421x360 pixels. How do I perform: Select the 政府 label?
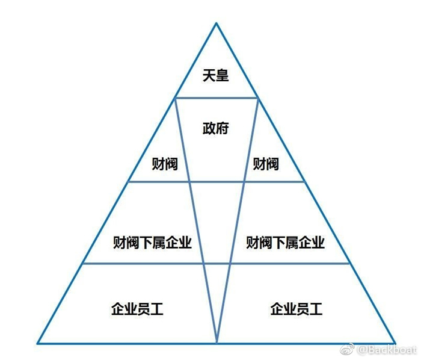point(215,128)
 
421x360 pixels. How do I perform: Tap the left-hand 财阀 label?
point(165,163)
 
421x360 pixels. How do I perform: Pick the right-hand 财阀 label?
point(266,163)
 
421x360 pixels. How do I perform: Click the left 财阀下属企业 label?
point(152,243)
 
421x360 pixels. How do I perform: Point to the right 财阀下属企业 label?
point(286,243)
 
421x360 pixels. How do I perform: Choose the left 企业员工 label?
point(137,309)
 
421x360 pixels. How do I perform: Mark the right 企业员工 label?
point(297,309)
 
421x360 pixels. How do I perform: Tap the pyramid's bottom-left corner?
point(37,344)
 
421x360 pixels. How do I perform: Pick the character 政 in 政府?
point(209,128)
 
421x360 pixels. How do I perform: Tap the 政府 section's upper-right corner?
point(258,98)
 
